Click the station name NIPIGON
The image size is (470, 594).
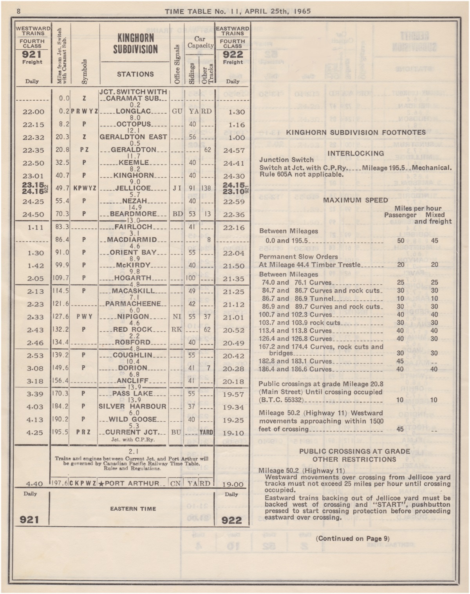(134, 317)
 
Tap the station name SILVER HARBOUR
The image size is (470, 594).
(132, 406)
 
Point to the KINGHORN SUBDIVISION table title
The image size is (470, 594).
(135, 43)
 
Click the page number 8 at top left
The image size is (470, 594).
(18, 11)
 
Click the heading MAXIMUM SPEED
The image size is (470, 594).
(355, 200)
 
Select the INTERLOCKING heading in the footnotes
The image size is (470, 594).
(355, 153)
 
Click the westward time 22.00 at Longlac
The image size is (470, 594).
(33, 112)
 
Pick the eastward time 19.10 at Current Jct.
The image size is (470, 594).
(233, 433)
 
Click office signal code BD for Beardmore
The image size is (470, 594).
(177, 214)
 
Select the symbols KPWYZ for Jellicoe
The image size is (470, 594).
(85, 188)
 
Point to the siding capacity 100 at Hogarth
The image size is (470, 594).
(192, 278)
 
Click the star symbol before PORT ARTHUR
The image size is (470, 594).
(101, 484)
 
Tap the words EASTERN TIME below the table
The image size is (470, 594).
(133, 509)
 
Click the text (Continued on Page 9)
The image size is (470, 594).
(352, 538)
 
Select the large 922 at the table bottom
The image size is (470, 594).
(232, 520)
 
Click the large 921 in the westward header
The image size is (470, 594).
(32, 54)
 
